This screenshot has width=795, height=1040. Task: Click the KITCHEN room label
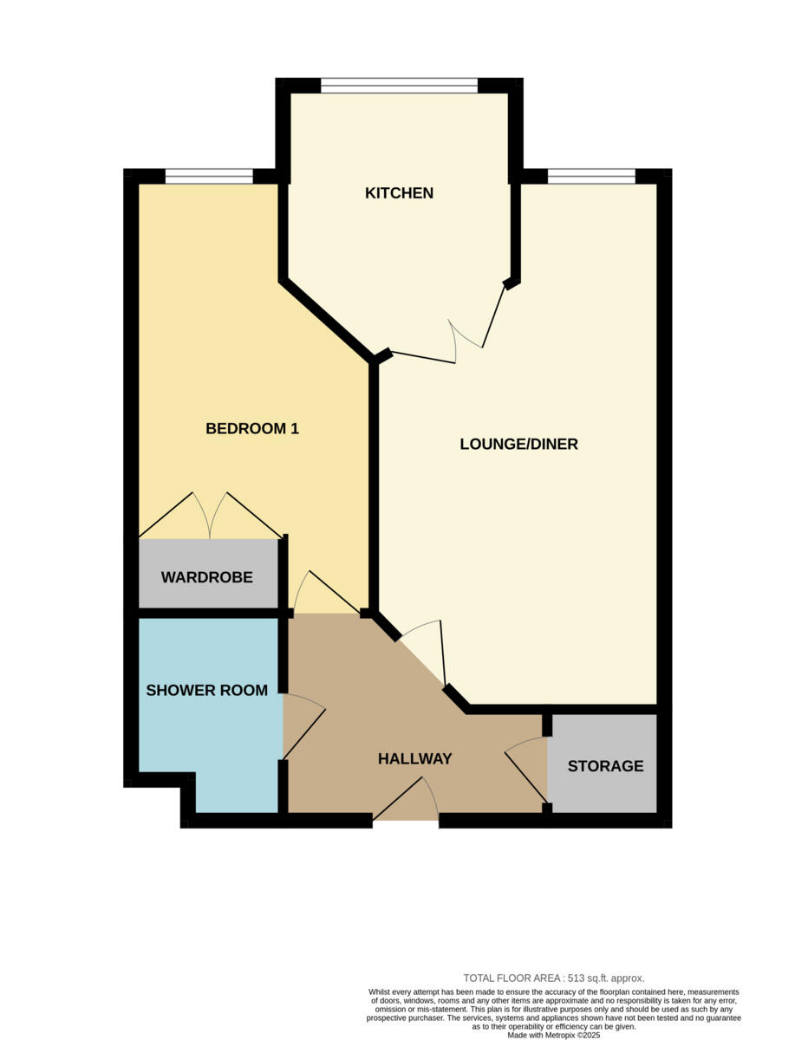point(399,192)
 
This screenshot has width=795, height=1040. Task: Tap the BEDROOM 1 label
point(252,428)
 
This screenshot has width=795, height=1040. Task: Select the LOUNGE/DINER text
point(518,445)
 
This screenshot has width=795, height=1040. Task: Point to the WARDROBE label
point(207,577)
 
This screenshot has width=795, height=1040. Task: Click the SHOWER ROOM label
point(206,690)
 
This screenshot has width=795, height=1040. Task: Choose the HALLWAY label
point(415,759)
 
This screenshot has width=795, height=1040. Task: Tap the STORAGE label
point(606,766)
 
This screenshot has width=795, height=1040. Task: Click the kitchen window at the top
point(399,85)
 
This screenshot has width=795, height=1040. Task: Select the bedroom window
point(209,177)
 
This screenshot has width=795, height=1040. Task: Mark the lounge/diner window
point(591,177)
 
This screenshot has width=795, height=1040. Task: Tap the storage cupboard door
point(526,767)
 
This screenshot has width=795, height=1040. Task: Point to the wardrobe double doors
point(210,517)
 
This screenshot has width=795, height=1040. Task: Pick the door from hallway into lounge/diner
point(423,650)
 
